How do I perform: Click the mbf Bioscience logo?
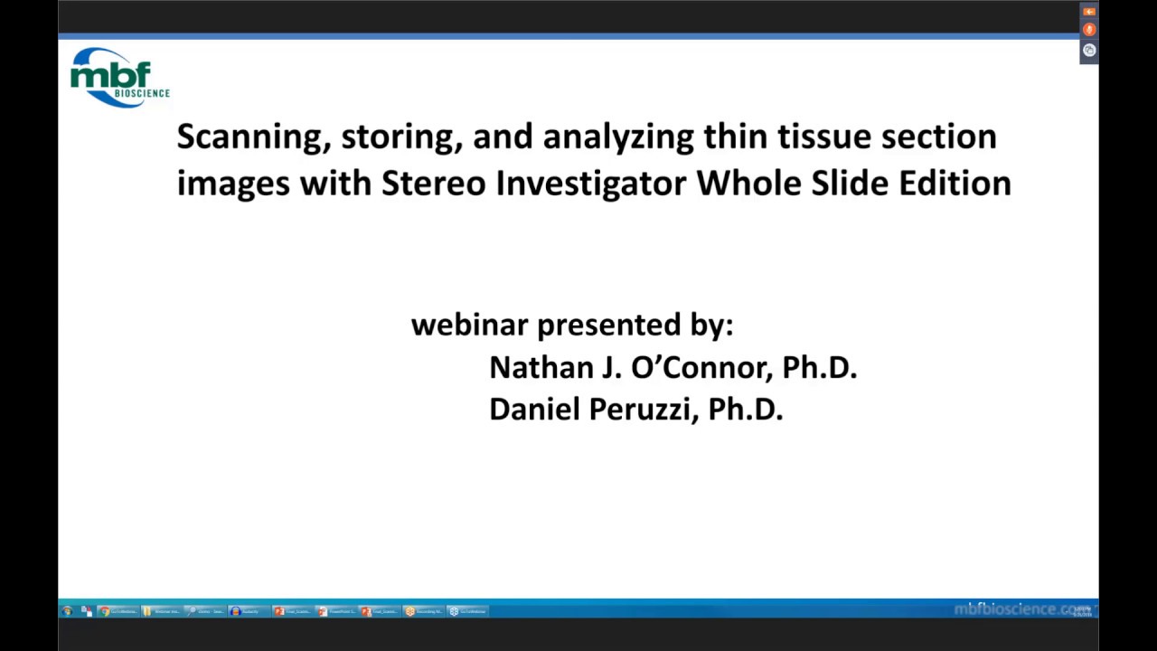pos(119,77)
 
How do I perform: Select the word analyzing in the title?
pos(617,137)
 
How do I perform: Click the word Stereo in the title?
pos(433,184)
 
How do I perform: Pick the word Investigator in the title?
pos(591,184)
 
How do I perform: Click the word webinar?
pos(469,325)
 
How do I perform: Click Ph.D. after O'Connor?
pos(819,367)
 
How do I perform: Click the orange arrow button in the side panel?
pos(1089,12)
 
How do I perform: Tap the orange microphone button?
pos(1089,30)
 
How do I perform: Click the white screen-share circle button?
pos(1089,51)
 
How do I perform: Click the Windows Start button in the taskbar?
pos(67,611)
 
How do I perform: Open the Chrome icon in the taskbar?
pos(105,611)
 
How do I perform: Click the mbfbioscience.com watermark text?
pos(1021,609)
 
